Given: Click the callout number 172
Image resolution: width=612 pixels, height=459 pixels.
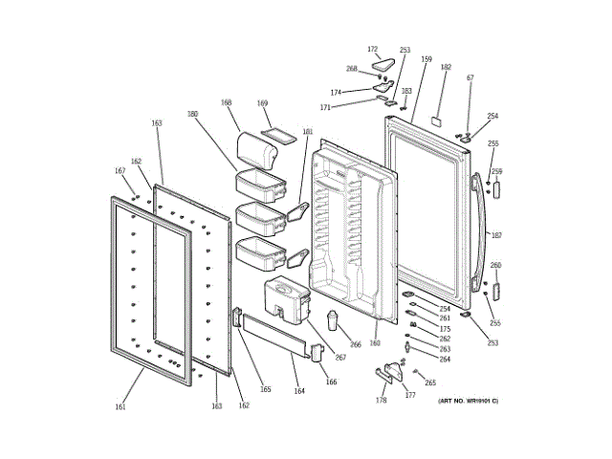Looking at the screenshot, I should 373,49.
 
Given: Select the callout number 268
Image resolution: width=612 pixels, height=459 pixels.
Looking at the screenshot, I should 351,69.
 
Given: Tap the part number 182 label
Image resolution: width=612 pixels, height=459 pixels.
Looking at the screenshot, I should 446,67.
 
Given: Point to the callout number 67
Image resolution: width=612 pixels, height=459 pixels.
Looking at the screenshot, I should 470,77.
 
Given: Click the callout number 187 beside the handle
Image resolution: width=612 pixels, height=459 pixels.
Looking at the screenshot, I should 496,234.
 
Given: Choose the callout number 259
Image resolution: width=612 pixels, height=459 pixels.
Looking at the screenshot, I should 496,172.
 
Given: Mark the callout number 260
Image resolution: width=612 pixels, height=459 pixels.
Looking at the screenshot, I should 495,265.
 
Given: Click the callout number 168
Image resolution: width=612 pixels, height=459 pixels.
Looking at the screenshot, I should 227,102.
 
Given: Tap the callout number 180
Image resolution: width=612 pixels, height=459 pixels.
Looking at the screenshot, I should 192,114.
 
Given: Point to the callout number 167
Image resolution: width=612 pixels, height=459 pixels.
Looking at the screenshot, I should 120,171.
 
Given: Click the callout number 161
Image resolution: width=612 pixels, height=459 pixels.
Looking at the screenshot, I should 120,407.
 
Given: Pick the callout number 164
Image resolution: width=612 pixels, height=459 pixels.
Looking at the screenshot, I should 298,391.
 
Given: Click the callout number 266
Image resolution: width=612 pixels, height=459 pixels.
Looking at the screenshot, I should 355,345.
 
